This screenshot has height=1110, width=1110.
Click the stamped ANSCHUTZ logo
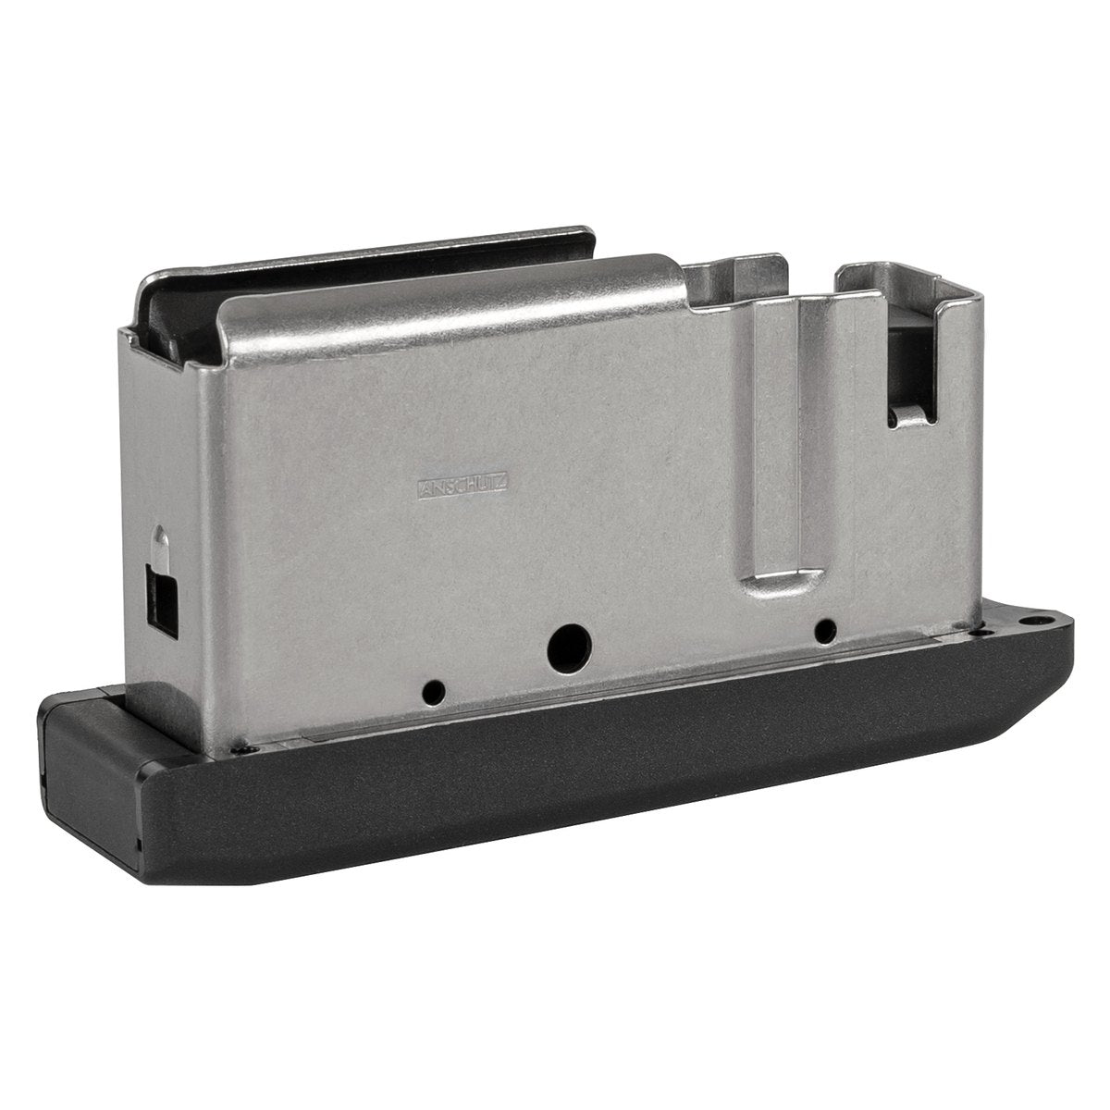coord(463,487)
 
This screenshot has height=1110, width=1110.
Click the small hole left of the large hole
coord(434,693)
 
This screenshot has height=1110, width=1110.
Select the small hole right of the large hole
coord(825,631)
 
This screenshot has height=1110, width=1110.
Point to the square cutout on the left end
coord(163,602)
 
